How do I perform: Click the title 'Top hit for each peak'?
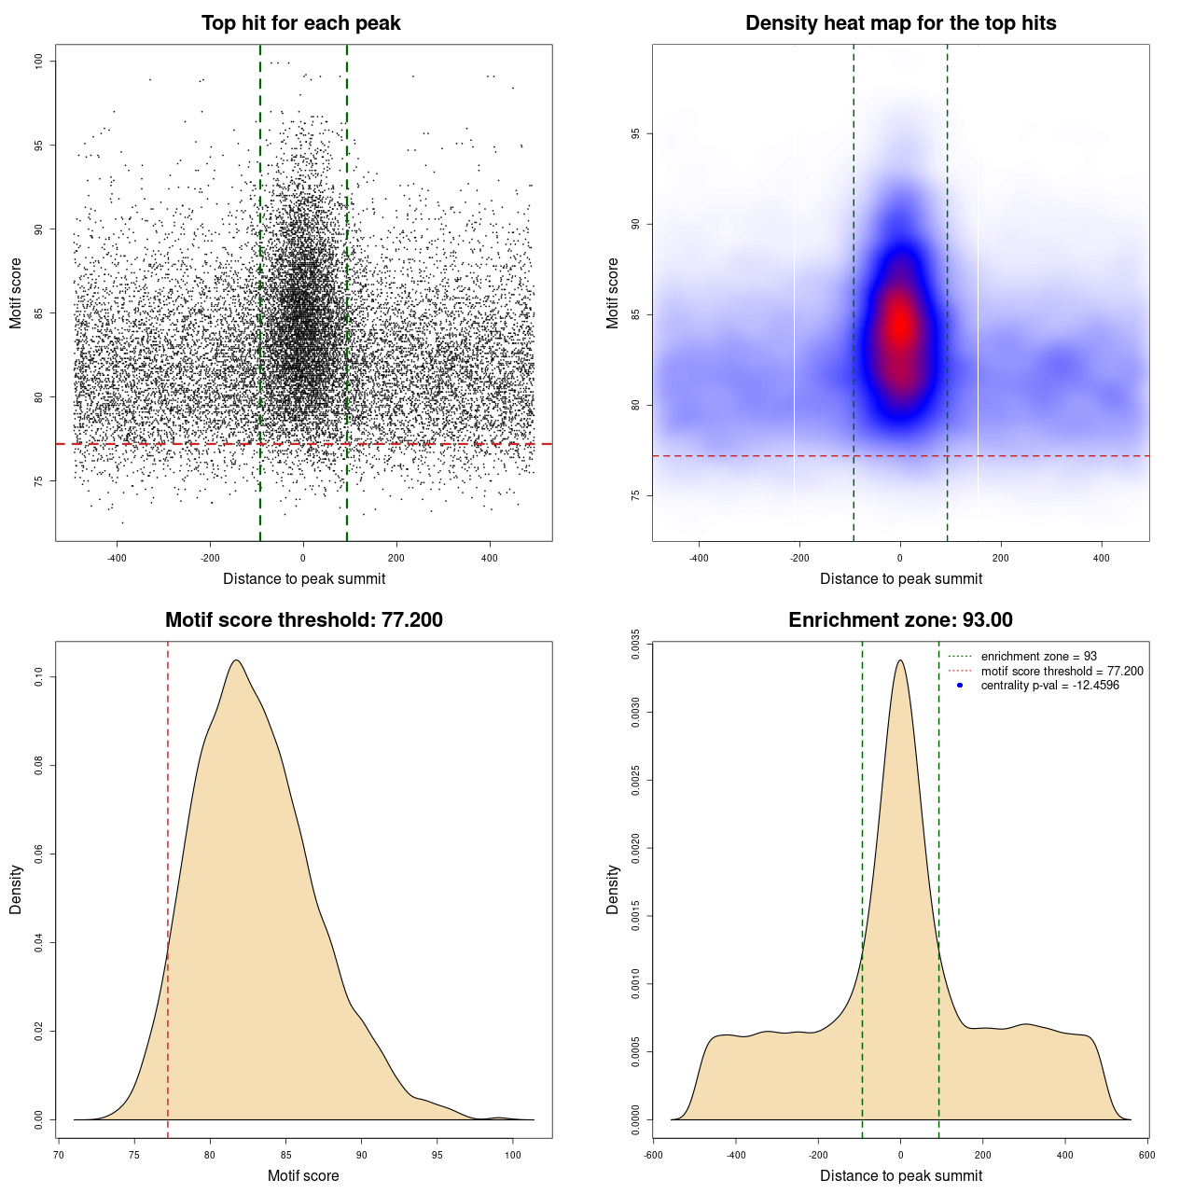300,23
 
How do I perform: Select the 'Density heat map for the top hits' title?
900,23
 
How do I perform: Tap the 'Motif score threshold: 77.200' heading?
303,620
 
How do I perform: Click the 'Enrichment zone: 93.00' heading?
900,620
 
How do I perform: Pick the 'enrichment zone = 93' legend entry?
1038,657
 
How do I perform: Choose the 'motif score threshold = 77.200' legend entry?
1062,671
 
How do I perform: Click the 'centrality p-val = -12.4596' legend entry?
1049,686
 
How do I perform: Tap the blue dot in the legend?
960,686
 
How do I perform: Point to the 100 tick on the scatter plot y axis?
39,62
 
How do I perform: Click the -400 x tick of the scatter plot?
117,559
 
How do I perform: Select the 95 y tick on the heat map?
636,134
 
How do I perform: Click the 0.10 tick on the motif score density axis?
39,676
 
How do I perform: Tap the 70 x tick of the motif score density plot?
59,1155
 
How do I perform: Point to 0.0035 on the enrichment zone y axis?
636,644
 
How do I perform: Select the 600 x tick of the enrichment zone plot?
1146,1155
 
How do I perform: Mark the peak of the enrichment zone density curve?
900,660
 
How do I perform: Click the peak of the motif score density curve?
236,660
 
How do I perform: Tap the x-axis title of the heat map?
900,579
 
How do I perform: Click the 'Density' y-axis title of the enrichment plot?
613,889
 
